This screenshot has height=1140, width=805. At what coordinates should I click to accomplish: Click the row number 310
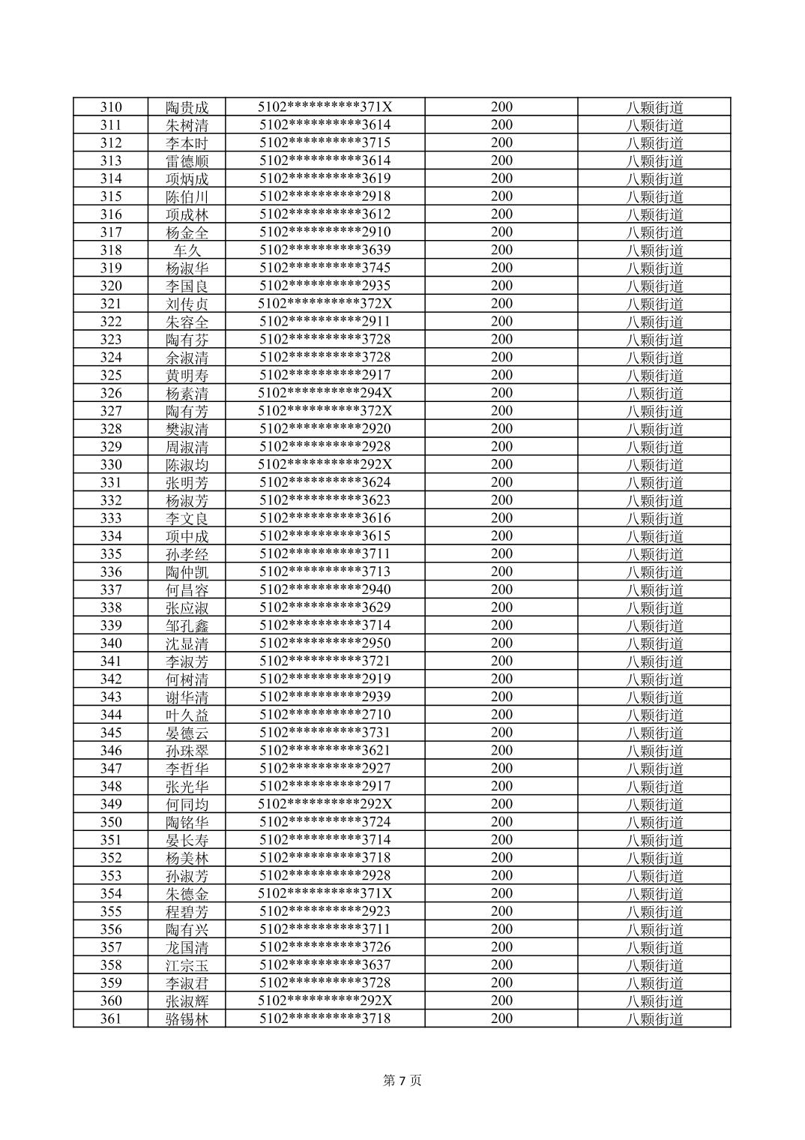[111, 107]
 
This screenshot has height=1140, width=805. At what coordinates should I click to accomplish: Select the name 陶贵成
[187, 107]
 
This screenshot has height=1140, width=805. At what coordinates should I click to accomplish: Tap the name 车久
[187, 250]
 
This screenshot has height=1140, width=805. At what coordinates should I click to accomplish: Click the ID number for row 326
[325, 393]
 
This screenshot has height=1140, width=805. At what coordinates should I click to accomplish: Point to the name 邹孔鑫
[187, 625]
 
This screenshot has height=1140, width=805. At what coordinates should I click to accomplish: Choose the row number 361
[111, 1018]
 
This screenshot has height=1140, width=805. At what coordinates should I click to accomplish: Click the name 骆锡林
[187, 1018]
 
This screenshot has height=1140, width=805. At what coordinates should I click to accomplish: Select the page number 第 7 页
[402, 1080]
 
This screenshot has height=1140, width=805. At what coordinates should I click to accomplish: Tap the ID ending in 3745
[325, 268]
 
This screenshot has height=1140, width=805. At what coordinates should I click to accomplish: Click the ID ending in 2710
[325, 715]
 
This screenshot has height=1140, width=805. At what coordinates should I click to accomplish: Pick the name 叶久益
[187, 715]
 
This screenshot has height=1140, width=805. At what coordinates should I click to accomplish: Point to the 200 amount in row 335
[501, 553]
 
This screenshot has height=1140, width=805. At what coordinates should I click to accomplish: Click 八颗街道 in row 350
[654, 822]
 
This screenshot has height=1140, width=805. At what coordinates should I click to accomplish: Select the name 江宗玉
[187, 965]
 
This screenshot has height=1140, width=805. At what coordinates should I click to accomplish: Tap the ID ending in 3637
[325, 965]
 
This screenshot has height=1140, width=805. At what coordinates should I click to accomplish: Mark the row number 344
[111, 715]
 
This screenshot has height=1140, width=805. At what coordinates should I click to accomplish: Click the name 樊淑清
[187, 429]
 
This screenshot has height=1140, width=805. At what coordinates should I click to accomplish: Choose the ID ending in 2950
[325, 643]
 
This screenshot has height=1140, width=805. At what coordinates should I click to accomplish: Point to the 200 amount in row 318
[501, 250]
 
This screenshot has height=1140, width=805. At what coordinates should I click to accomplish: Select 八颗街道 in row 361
[654, 1018]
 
